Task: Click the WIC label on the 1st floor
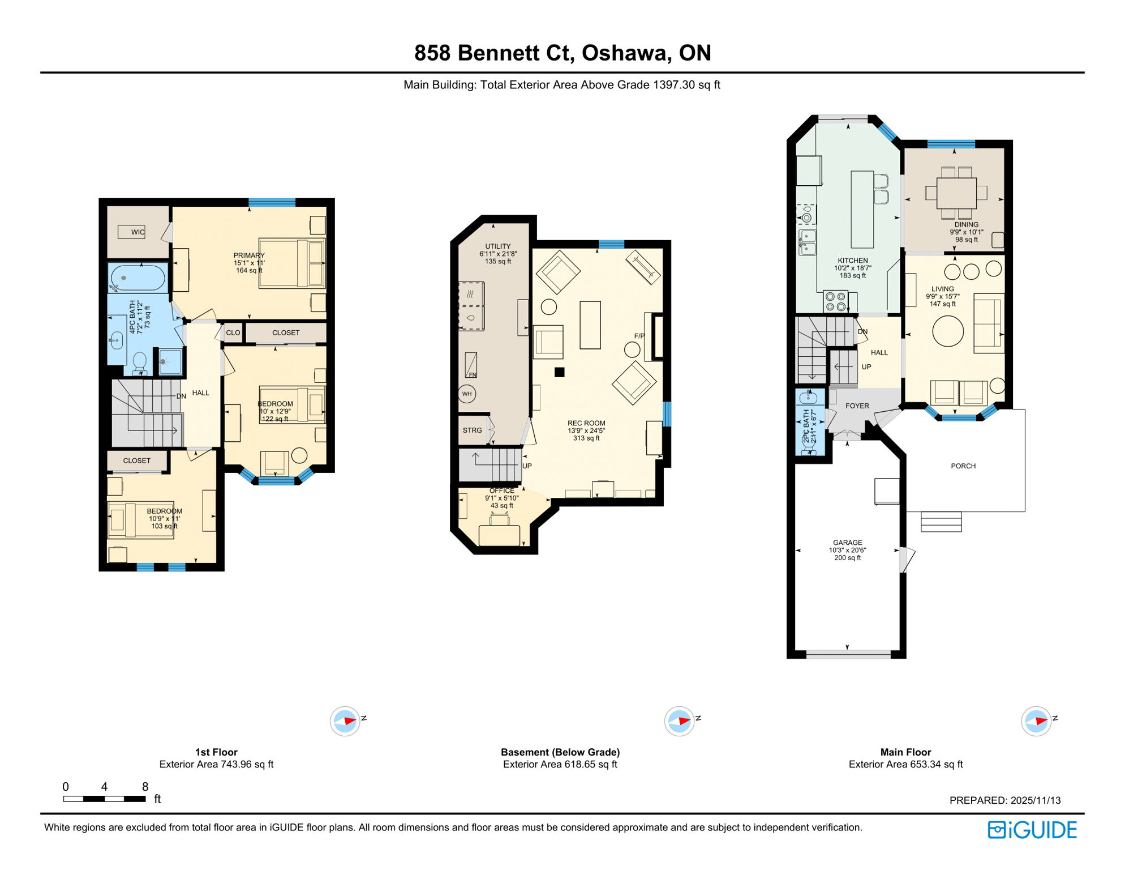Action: [x=138, y=232]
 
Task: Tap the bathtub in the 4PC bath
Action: [x=138, y=278]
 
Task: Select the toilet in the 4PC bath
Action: [x=139, y=362]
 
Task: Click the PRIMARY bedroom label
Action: [x=249, y=255]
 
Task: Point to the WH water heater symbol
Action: [x=467, y=394]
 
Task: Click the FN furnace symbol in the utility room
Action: [x=471, y=366]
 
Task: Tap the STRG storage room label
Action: [x=473, y=430]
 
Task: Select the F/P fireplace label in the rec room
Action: [x=639, y=336]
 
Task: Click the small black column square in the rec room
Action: [x=559, y=372]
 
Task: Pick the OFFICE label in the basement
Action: [x=502, y=491]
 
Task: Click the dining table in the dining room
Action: [x=956, y=194]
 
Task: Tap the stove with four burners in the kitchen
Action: [x=835, y=301]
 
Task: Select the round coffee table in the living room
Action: [x=948, y=331]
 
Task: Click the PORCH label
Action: [x=963, y=466]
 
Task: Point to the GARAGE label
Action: [x=847, y=543]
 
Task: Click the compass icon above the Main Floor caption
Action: [x=1036, y=721]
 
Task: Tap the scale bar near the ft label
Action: [x=105, y=799]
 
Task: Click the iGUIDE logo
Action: [x=1032, y=830]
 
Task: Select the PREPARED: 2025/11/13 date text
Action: [x=1004, y=800]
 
